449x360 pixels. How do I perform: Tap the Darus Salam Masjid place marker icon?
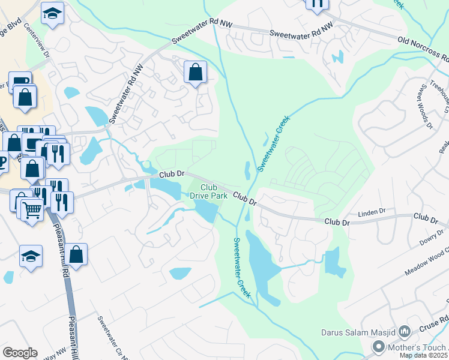coord(404,331)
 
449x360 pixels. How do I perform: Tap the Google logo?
coord(20,353)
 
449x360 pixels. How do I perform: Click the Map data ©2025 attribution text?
coord(424,355)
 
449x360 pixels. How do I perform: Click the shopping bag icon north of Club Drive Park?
coord(195,73)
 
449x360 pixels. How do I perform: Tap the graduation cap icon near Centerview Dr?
coord(52,13)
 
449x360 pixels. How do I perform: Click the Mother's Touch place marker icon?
coord(379,346)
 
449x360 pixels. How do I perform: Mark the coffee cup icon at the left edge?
coord(2,161)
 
